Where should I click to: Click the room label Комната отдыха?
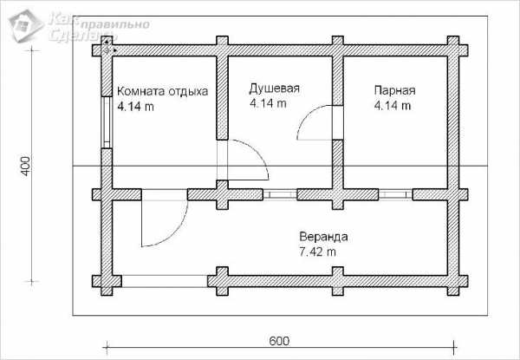pyautogui.click(x=163, y=91)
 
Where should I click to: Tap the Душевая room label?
pyautogui.click(x=274, y=88)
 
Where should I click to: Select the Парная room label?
pyautogui.click(x=394, y=90)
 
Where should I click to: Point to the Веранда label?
pyautogui.click(x=323, y=237)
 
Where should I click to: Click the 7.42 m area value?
pyautogui.click(x=317, y=252)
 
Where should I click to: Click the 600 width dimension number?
pyautogui.click(x=279, y=341)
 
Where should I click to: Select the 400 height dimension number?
pyautogui.click(x=26, y=166)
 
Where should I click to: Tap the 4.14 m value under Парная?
pyautogui.click(x=393, y=106)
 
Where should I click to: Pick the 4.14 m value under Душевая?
pyautogui.click(x=268, y=103)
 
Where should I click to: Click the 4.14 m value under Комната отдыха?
pyautogui.click(x=136, y=107)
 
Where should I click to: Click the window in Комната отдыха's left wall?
pyautogui.click(x=107, y=122)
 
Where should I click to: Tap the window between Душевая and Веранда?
pyautogui.click(x=280, y=194)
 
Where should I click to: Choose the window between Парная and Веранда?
pyautogui.click(x=396, y=194)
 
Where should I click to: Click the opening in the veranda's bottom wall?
pyautogui.click(x=165, y=281)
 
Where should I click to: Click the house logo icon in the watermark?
pyautogui.click(x=26, y=26)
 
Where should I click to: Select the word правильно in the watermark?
pyautogui.click(x=115, y=24)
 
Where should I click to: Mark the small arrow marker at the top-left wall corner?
pyautogui.click(x=107, y=47)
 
